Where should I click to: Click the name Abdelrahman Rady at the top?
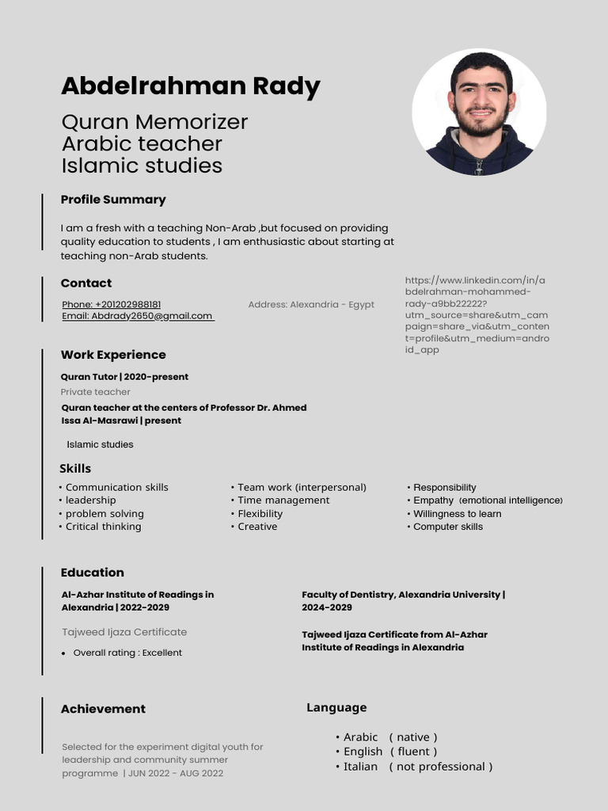190,86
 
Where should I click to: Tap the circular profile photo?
479,112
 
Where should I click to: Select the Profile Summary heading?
113,200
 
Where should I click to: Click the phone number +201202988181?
112,304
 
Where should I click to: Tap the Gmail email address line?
138,316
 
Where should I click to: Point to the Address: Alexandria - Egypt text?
311,304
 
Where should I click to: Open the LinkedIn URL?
477,314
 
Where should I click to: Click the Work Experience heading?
113,355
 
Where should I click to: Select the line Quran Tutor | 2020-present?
124,377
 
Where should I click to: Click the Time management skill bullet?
283,501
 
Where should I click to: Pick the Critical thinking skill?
102,527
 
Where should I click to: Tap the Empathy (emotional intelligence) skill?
487,501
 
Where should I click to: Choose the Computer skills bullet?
447,527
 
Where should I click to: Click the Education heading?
93,573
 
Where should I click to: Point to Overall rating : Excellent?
127,653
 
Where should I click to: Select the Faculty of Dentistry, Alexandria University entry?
403,600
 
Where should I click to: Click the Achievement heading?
103,709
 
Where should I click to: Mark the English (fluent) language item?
389,752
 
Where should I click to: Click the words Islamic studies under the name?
142,166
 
